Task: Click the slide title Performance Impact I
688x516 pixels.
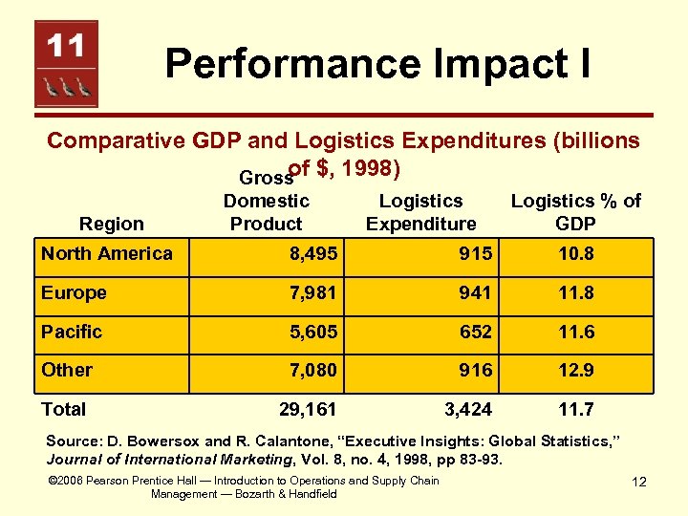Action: point(377,64)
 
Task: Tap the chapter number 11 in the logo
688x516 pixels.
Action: point(67,45)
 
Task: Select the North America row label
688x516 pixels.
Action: point(107,253)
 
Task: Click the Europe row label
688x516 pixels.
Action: point(74,292)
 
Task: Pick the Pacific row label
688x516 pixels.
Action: point(71,332)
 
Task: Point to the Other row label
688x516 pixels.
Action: point(67,370)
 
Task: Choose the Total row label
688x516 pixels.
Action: point(63,409)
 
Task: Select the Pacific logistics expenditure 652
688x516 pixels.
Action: point(475,333)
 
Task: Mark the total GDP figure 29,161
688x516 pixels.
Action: point(307,410)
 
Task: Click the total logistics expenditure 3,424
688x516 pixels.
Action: point(468,410)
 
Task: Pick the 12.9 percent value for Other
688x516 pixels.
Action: point(575,371)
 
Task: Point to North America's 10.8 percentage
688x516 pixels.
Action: point(575,254)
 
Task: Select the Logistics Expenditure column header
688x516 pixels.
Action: point(420,212)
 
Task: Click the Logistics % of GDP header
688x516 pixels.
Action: point(575,212)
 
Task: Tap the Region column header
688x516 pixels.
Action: point(112,224)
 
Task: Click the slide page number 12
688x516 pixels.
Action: point(638,482)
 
